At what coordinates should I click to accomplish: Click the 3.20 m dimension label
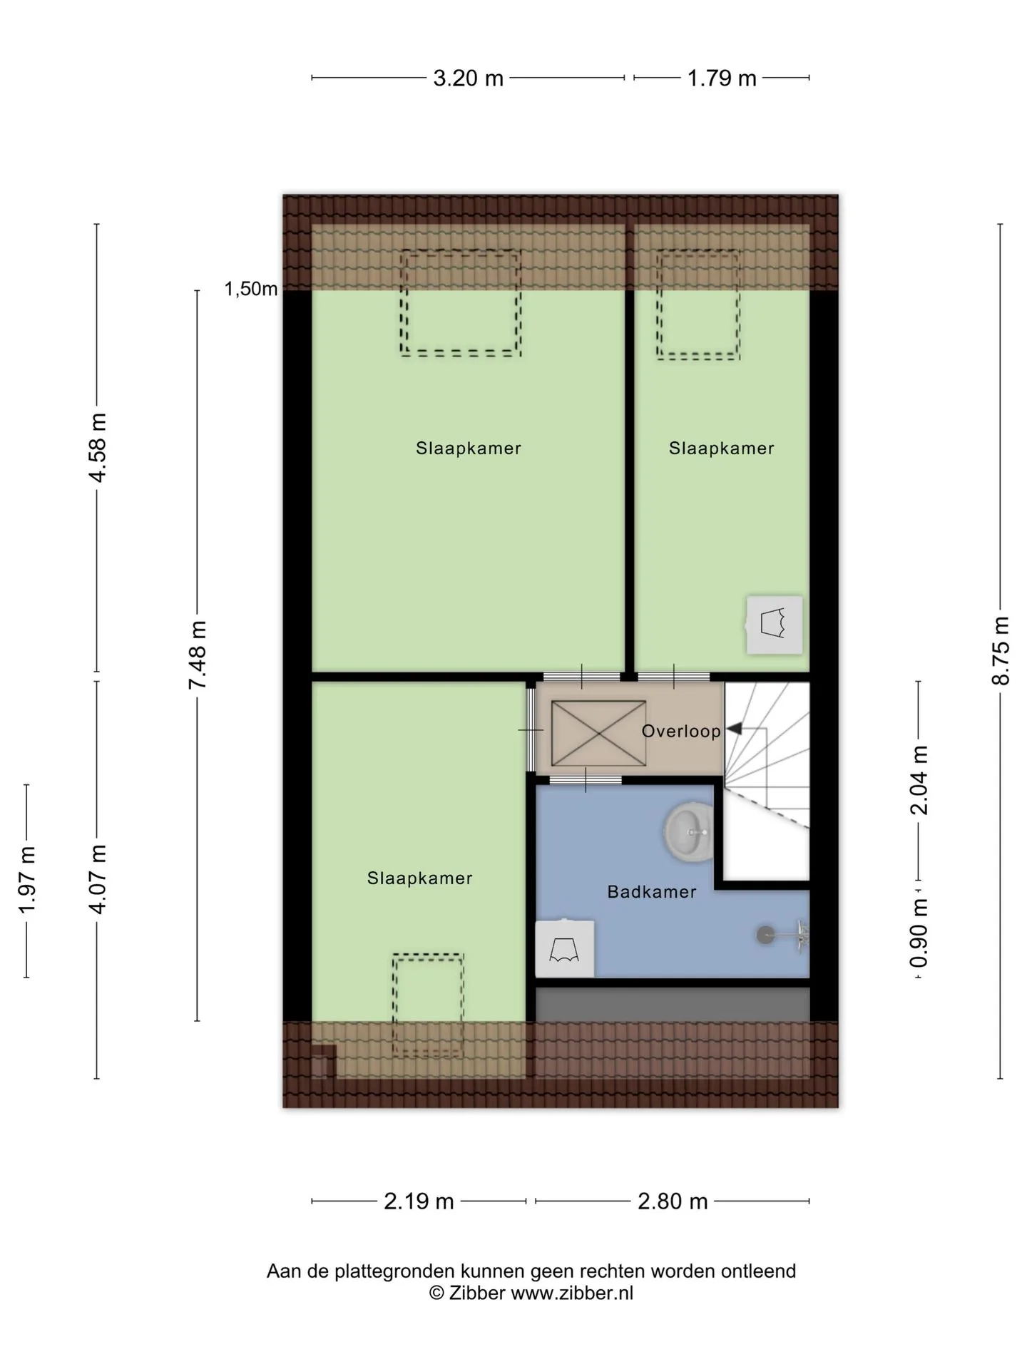coord(468,78)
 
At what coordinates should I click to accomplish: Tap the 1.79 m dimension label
coord(722,78)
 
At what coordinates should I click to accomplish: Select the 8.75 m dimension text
coord(1001,650)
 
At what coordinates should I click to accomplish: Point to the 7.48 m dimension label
coord(197,655)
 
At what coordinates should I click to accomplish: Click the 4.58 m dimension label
coord(96,448)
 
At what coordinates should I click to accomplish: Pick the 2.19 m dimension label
coord(419,1201)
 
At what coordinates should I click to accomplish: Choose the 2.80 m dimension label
coord(673,1201)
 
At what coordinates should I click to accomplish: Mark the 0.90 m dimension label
coord(919,933)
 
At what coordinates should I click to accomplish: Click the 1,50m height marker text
coord(251,289)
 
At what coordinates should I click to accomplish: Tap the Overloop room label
coord(681,731)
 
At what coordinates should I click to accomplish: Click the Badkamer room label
coord(652,892)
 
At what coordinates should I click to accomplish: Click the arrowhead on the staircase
coord(734,729)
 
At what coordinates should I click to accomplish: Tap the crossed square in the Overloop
coord(598,734)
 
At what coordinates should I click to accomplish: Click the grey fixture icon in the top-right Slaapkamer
coord(775,625)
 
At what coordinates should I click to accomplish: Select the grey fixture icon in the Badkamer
coord(565,949)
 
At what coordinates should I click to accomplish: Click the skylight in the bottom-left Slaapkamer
coord(428,1005)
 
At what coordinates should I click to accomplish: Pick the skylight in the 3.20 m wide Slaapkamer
coord(461,302)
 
